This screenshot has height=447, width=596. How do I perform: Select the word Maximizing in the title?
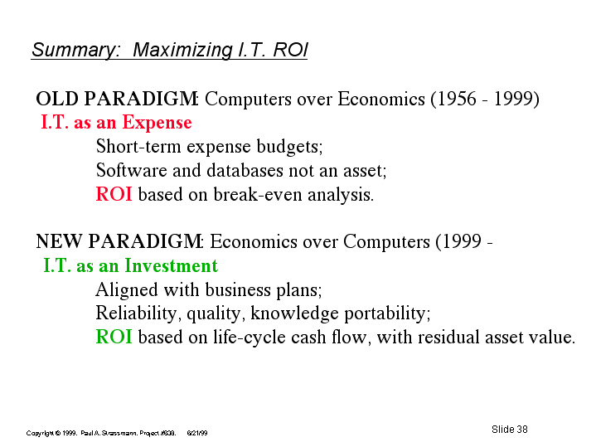(183, 50)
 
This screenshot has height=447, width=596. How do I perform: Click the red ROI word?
(114, 193)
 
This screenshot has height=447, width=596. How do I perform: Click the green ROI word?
(114, 337)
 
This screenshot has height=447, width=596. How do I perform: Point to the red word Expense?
(157, 124)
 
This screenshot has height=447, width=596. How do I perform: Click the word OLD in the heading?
(57, 99)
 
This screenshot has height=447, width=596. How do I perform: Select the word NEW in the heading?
(59, 241)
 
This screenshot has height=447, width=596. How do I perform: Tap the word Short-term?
(138, 146)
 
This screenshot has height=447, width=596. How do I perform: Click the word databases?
(245, 170)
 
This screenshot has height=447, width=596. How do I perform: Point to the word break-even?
(258, 194)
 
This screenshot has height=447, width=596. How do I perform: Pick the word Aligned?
(127, 290)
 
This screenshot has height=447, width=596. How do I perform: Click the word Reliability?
(136, 314)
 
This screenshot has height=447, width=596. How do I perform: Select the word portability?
(387, 314)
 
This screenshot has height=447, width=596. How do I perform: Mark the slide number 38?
(522, 429)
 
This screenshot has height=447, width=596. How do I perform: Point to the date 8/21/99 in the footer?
(197, 433)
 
